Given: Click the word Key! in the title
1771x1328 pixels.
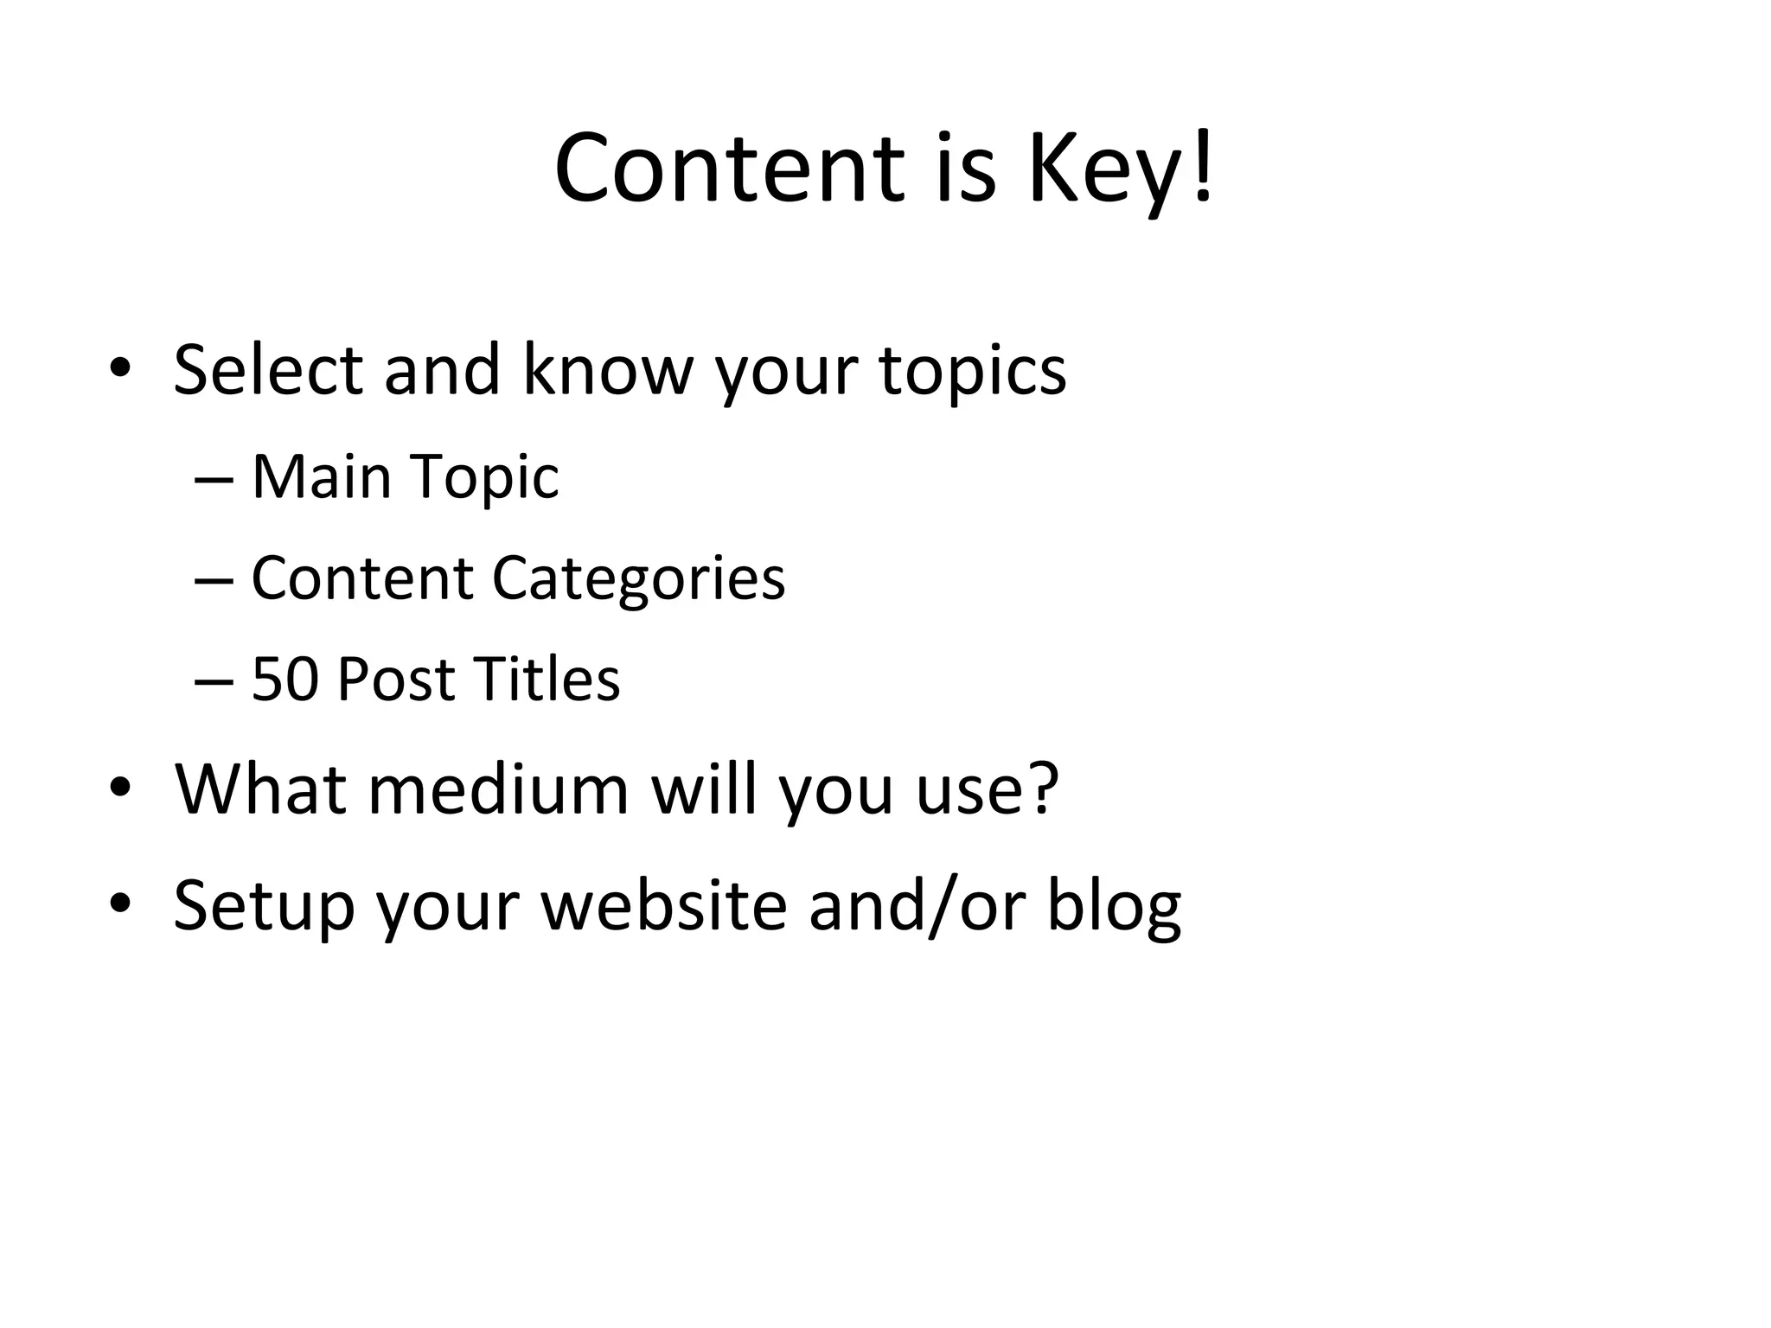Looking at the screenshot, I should pos(1120,169).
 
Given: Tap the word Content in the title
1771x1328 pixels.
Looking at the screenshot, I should pos(729,169).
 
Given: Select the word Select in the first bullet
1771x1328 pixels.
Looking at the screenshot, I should pos(267,370).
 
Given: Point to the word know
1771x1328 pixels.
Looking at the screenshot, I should pos(608,370).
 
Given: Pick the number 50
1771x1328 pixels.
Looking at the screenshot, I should pos(284,680).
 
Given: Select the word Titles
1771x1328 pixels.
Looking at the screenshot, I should pos(547,680).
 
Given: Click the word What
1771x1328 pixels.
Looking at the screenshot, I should pos(261,788).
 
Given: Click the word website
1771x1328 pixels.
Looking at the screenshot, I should pos(663,904).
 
